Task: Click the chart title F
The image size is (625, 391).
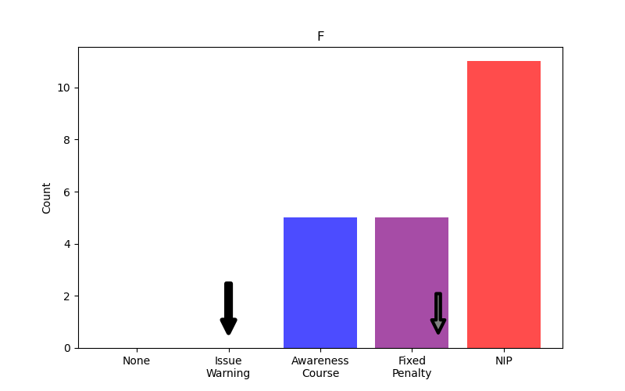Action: (x=320, y=37)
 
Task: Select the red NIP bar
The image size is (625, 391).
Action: (x=503, y=204)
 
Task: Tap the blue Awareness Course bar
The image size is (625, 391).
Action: (x=320, y=282)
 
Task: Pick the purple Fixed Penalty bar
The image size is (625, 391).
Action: (x=412, y=266)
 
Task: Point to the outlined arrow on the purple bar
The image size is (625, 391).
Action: (x=438, y=313)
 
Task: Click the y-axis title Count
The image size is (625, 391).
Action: (x=47, y=198)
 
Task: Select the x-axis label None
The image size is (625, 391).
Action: (x=136, y=361)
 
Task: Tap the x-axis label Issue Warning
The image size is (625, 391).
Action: (x=228, y=368)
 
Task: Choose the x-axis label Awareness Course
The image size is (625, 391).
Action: (x=320, y=368)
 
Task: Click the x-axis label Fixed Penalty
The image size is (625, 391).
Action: (x=412, y=368)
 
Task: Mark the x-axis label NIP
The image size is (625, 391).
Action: (x=503, y=361)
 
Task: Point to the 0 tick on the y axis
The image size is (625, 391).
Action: (x=68, y=348)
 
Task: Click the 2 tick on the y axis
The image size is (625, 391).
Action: (x=68, y=296)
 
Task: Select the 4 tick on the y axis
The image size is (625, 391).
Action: (x=68, y=244)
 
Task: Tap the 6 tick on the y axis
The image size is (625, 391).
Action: (x=68, y=192)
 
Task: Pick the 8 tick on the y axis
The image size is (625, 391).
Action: (x=68, y=140)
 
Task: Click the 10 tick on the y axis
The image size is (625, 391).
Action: (x=65, y=88)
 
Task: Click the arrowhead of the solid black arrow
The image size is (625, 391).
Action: (x=228, y=326)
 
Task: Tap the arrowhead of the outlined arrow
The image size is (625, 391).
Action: (x=438, y=326)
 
